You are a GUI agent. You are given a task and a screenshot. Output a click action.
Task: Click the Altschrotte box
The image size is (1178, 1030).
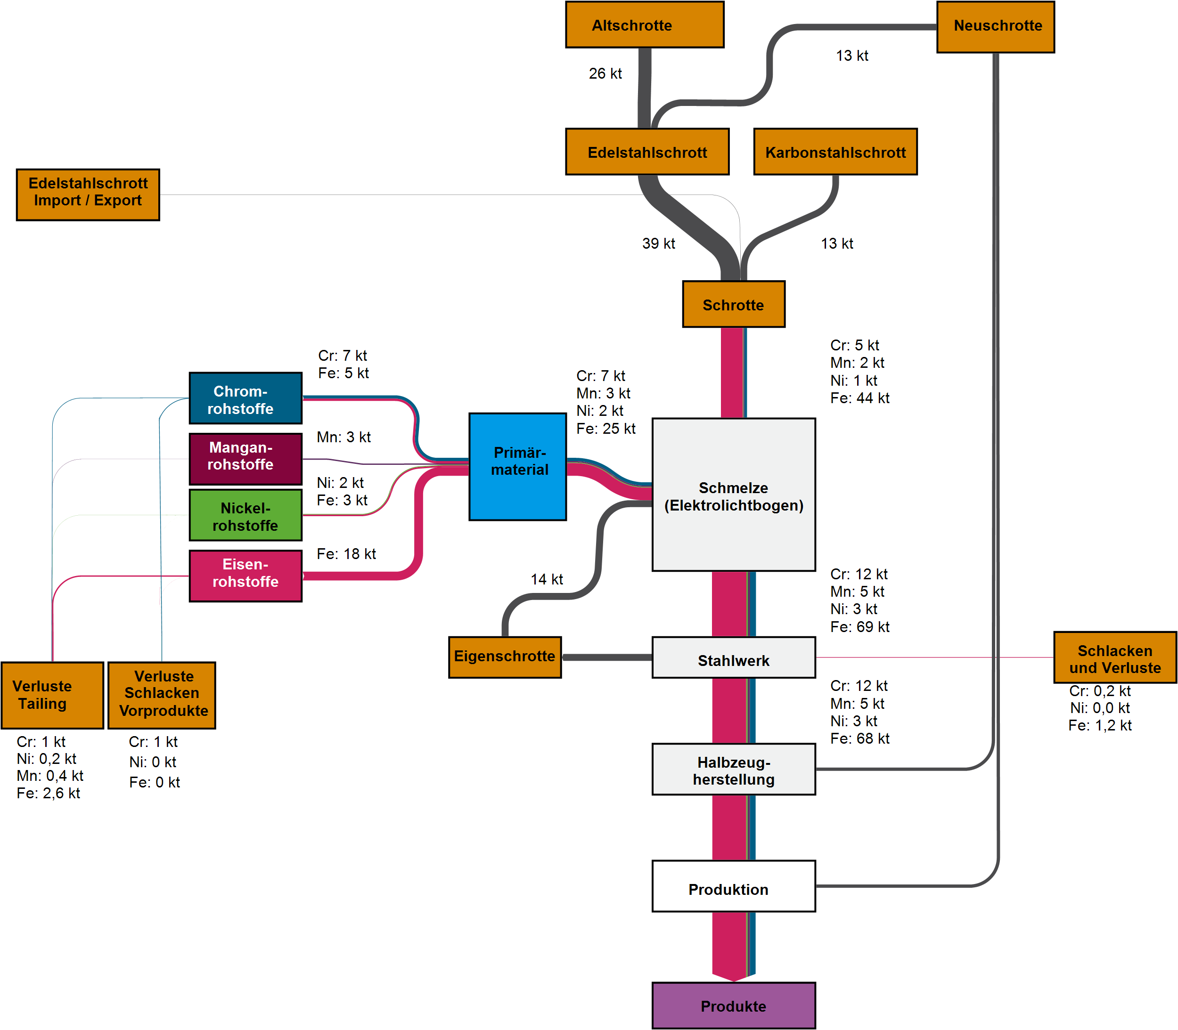tap(645, 24)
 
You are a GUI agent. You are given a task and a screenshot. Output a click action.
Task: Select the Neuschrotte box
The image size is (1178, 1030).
tap(995, 26)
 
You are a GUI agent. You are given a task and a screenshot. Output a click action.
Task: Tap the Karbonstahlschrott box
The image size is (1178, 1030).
tap(835, 152)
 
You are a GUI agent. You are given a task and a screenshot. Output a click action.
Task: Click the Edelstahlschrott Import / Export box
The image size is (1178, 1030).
tap(88, 195)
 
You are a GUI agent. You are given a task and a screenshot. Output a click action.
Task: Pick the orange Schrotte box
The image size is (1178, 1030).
tap(733, 304)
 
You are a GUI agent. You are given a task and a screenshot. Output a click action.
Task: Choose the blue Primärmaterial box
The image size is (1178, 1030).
tap(517, 466)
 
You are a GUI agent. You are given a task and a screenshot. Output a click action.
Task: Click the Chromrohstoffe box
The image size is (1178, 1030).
tap(245, 398)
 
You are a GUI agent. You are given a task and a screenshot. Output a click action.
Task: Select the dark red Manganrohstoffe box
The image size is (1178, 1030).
tap(245, 459)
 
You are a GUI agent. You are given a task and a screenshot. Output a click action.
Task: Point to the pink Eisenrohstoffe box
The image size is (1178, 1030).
tap(245, 576)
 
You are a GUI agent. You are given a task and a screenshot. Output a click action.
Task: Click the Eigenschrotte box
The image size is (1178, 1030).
tap(505, 657)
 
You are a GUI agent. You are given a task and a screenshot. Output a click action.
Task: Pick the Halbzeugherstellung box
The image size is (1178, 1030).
tap(733, 769)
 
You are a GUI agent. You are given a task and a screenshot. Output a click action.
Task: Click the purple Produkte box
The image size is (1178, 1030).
tap(733, 1006)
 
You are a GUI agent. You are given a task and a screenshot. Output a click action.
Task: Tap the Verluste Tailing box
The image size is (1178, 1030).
tap(52, 695)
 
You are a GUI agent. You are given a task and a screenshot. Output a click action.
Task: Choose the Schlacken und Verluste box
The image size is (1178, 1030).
tap(1114, 657)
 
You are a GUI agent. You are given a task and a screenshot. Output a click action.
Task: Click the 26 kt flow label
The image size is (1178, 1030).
tap(605, 73)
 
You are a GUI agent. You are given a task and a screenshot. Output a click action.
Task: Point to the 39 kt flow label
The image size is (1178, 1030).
tap(658, 243)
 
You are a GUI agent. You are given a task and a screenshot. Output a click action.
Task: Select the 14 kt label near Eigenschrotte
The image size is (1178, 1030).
tap(546, 579)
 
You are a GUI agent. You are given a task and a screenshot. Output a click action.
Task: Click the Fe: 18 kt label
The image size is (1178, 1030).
tap(346, 554)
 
